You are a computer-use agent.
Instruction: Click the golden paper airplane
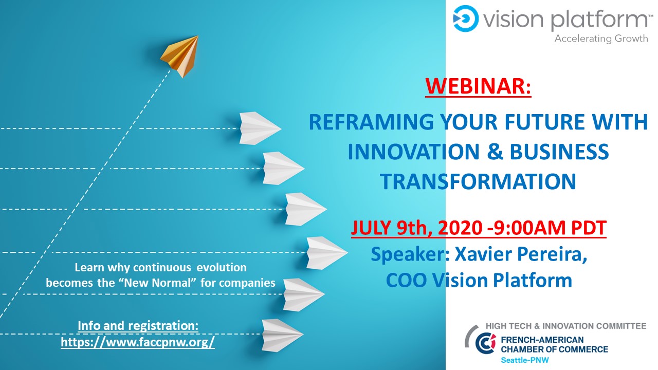click(x=180, y=57)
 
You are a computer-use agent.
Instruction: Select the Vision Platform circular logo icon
click(x=466, y=18)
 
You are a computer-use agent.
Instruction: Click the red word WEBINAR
click(x=478, y=86)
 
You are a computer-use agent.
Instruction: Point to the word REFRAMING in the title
click(x=371, y=122)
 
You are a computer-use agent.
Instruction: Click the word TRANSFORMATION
click(x=478, y=182)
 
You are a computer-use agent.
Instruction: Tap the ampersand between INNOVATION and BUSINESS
click(x=495, y=152)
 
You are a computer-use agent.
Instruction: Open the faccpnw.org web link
click(x=138, y=342)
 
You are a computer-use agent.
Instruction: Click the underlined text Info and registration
click(x=138, y=326)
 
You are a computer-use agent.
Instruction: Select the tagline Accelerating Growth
click(x=601, y=39)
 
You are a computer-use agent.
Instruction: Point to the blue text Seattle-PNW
click(x=525, y=360)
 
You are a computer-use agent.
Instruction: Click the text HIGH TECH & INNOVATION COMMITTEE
click(x=566, y=326)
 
